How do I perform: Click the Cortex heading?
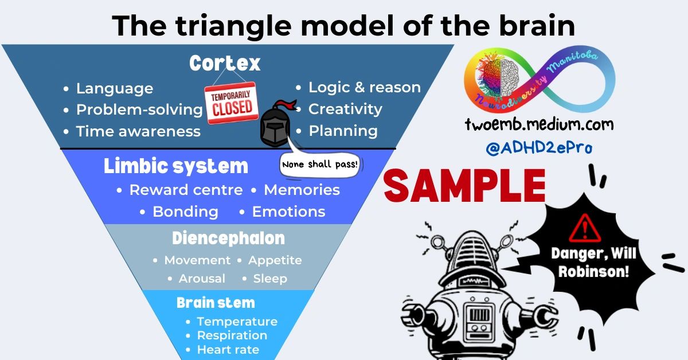coord(225,63)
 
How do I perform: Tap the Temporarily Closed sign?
coord(232,103)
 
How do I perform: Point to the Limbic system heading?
coord(176,166)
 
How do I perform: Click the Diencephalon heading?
coord(228,238)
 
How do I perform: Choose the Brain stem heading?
coord(216,303)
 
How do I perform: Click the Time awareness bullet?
coord(138,131)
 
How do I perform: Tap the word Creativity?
coord(345,109)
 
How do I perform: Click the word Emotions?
coord(288,212)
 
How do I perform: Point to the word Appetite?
coord(275,260)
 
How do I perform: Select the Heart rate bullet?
coord(228,350)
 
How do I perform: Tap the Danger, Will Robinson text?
coord(593,262)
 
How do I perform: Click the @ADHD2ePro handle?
coord(539,147)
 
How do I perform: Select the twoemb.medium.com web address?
coord(539,124)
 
